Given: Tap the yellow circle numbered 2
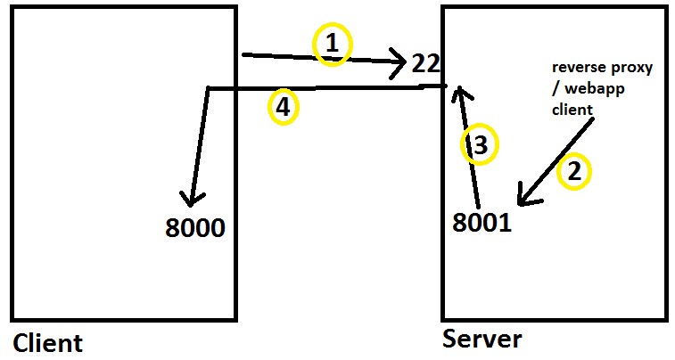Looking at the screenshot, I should point(573,171).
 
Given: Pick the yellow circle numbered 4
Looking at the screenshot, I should point(283,108).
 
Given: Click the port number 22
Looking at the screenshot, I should point(424,63).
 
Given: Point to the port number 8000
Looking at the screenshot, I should point(195,228).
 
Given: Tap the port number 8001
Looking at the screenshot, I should point(482,223).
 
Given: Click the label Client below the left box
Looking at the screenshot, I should point(47,343).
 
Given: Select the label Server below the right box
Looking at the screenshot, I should point(482,340).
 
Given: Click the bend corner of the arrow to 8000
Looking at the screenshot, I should point(208,88).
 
